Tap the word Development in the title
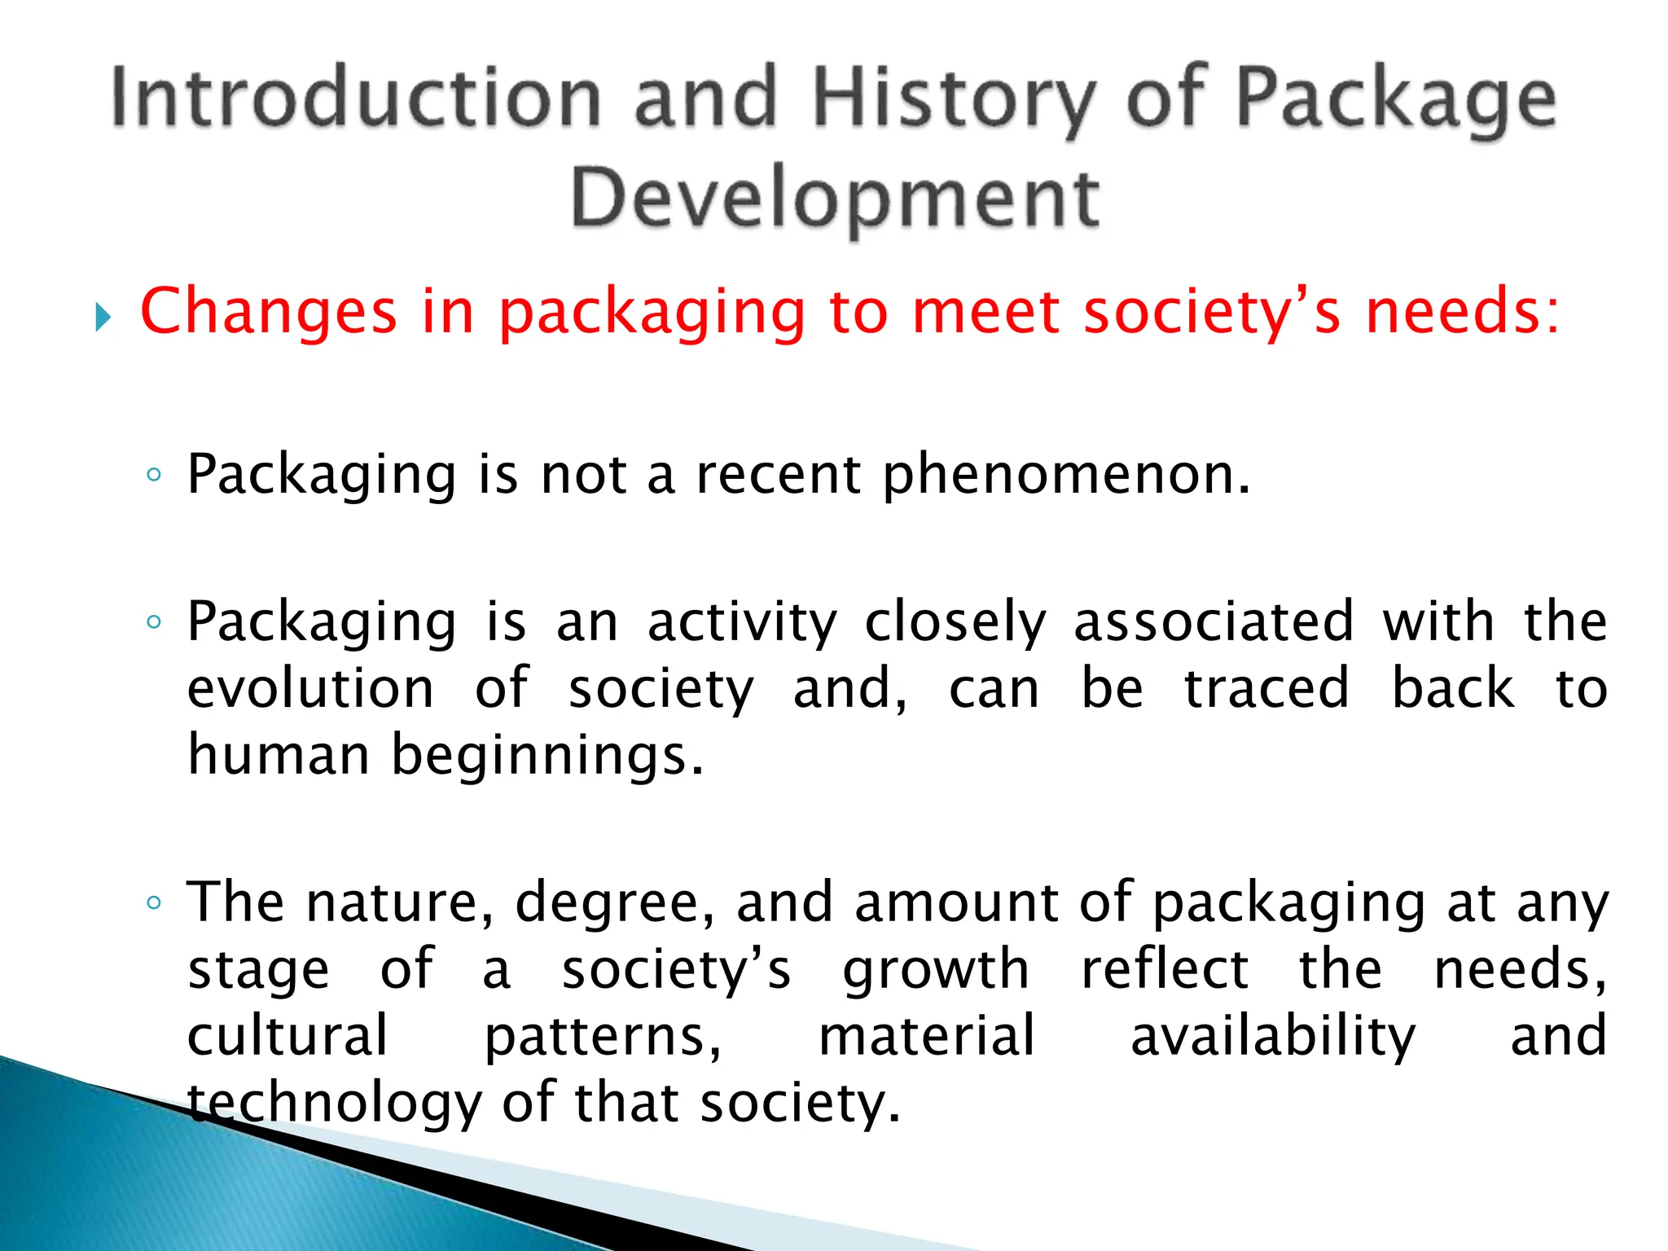[x=836, y=200]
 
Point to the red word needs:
[x=1463, y=312]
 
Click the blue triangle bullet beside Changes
[x=103, y=317]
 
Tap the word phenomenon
[x=1066, y=475]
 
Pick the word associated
[x=1214, y=621]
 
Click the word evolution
[x=311, y=689]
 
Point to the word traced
[x=1266, y=689]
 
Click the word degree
[x=615, y=904]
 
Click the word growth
[x=937, y=971]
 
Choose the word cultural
[x=288, y=1036]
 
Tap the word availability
[x=1274, y=1038]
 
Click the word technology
[x=336, y=1104]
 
